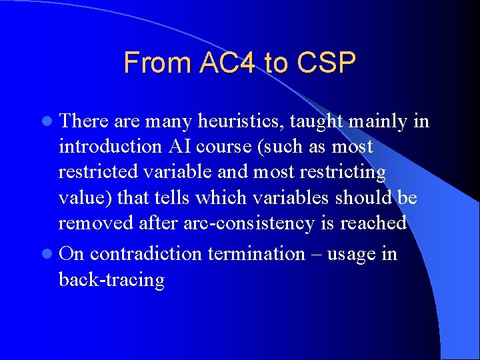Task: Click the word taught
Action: (316, 121)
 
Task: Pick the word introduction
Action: (108, 147)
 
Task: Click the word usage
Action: (352, 253)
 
